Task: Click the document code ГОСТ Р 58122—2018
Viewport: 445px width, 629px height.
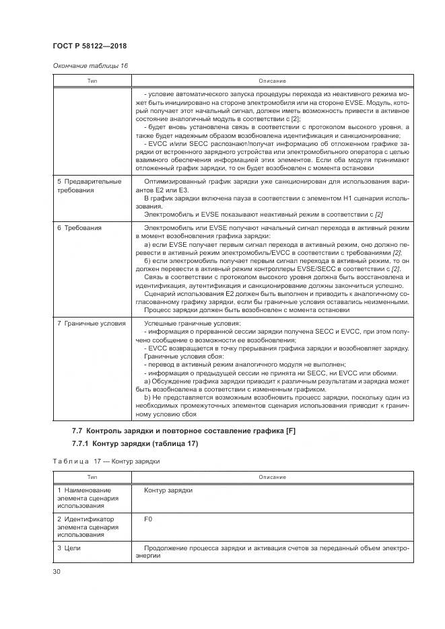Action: pos(90,46)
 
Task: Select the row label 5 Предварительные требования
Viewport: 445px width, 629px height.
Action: pos(89,186)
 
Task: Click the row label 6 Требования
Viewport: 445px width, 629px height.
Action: pos(79,228)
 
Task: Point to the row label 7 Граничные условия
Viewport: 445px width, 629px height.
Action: pos(91,323)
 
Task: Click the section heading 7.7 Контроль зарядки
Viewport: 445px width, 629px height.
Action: pos(183,430)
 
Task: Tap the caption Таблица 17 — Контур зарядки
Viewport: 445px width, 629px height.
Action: pos(106,462)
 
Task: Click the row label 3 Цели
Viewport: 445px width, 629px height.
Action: pos(69,548)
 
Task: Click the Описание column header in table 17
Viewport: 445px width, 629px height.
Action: pos(273,477)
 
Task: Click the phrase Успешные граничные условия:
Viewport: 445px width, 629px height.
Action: pos(182,323)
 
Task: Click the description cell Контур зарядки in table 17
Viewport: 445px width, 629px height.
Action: pos(168,490)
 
